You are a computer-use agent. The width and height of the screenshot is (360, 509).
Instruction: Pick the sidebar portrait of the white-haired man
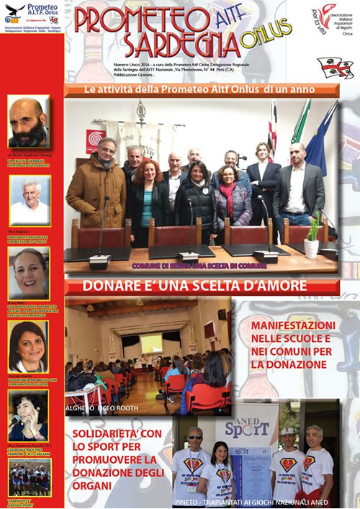[30, 194]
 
